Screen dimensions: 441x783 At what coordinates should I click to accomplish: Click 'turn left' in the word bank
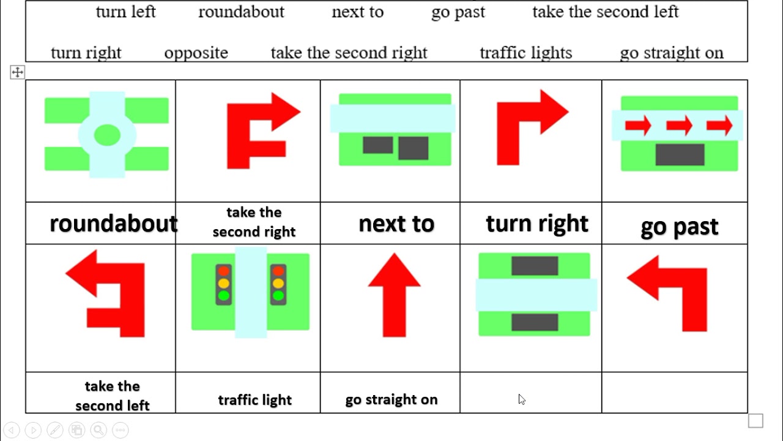126,12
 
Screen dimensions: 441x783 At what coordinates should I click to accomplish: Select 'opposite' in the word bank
196,53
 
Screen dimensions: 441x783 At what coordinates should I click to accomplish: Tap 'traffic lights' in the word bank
525,53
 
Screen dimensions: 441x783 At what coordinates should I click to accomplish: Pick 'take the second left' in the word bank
605,12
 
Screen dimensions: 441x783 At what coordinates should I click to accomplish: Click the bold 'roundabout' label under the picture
113,224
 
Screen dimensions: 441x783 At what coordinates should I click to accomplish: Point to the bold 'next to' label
396,224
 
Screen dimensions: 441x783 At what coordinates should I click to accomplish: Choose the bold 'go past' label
679,227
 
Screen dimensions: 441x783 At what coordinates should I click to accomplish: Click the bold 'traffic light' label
255,400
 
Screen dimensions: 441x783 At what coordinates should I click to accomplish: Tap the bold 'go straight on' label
391,400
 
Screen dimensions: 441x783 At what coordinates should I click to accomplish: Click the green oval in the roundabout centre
107,135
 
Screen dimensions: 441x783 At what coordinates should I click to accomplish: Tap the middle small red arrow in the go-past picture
679,126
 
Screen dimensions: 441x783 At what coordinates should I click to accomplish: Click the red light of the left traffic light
223,271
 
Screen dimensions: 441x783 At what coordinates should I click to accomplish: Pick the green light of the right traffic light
278,296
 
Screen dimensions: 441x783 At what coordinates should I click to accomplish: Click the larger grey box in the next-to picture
413,148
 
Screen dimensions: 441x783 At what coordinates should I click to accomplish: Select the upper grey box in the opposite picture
535,266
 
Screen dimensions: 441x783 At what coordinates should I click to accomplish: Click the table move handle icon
17,73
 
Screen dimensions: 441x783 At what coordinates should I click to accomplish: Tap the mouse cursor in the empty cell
521,399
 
